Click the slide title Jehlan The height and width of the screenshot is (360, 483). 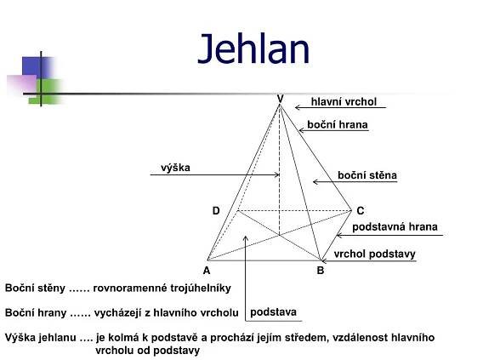point(253,49)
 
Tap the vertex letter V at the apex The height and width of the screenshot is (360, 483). point(280,99)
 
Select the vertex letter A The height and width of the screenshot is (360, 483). point(207,271)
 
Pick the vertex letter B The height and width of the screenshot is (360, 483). point(321,271)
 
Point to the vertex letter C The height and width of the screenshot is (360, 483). point(361,211)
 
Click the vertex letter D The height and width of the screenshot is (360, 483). point(216,211)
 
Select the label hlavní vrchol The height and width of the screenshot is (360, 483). point(344,102)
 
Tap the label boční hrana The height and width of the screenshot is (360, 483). point(338,124)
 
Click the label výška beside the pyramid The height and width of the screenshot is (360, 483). point(175,168)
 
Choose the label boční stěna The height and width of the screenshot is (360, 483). point(367,175)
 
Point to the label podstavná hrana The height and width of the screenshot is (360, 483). point(395,227)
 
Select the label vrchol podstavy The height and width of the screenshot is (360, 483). point(374,254)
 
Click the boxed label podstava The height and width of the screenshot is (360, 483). point(273,312)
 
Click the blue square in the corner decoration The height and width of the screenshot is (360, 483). point(36,67)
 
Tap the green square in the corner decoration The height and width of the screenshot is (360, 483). point(46,91)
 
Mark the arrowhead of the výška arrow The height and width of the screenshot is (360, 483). point(277,174)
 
